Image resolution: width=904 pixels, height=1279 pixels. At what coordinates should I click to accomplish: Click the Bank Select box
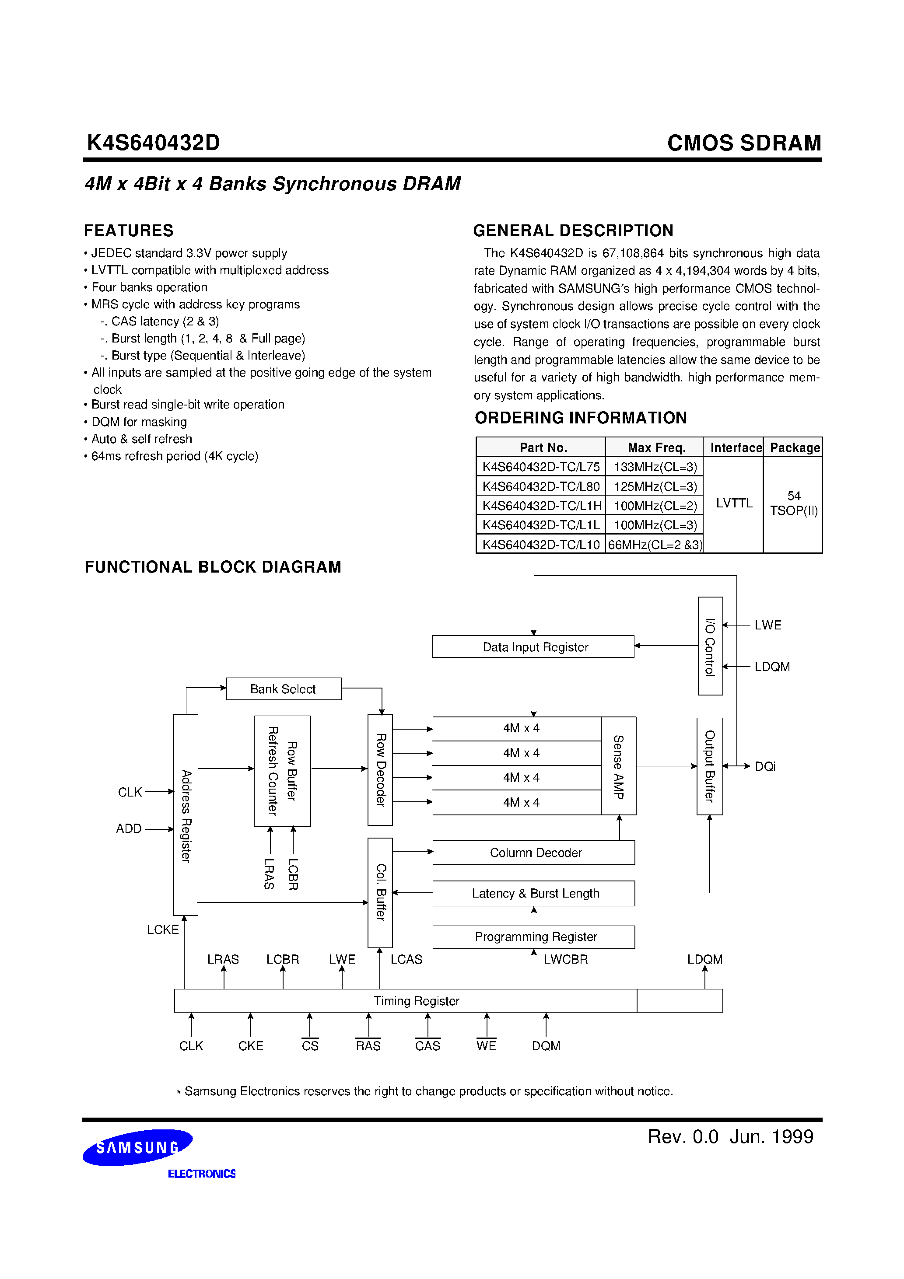point(283,688)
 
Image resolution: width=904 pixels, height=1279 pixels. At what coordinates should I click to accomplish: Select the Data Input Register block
point(533,647)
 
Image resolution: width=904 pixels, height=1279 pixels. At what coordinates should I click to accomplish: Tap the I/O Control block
point(710,646)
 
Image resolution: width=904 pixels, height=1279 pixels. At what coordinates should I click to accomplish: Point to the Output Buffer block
point(709,766)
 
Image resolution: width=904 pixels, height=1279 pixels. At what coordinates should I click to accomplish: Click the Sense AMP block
point(619,766)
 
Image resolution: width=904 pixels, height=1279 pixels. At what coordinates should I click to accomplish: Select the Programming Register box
point(533,937)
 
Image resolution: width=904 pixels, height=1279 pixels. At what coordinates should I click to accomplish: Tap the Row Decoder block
point(380,769)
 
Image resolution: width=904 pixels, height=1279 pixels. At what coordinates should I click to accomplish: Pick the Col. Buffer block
point(380,892)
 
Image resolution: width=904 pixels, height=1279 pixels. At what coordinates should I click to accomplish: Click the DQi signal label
point(765,766)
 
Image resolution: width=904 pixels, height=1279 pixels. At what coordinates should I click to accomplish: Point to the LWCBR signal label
point(565,959)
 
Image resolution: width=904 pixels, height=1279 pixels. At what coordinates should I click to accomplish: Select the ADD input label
point(129,828)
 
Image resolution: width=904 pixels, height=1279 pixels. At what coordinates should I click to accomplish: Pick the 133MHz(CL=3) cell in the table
point(654,467)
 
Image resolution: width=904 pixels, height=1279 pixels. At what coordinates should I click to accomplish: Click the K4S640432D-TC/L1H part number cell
point(541,506)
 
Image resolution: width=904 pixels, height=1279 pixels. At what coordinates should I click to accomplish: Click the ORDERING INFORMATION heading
point(580,418)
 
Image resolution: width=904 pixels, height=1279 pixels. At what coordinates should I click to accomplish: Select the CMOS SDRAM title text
point(743,143)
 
